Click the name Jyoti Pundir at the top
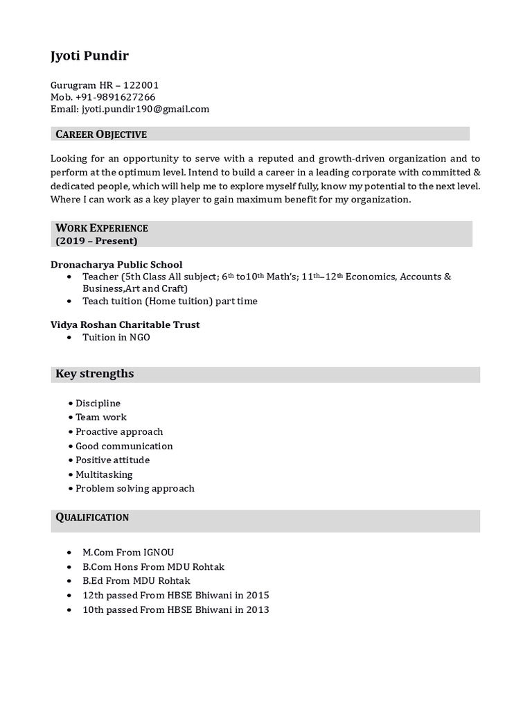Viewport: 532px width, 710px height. coord(89,57)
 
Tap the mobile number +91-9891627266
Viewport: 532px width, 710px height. coord(115,97)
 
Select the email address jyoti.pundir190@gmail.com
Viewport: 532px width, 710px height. coord(145,109)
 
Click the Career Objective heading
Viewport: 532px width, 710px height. coord(101,134)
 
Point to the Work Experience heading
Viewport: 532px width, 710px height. coord(102,228)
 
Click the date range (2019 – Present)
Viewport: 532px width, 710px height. coord(96,241)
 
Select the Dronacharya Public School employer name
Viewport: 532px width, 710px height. coord(116,264)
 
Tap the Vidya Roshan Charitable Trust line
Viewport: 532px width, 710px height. coord(125,324)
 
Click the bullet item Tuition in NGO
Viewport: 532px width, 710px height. coord(116,337)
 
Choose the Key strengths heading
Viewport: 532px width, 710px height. coord(95,374)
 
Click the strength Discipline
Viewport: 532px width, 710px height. coord(98,403)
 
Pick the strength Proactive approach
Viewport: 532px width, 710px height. coord(119,431)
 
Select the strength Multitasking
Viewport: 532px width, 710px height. coord(104,474)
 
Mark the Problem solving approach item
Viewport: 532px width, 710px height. coord(134,488)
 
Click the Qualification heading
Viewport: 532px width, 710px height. coord(92,517)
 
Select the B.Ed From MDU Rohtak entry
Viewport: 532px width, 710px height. coord(136,580)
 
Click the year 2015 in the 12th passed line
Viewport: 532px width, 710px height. coord(257,595)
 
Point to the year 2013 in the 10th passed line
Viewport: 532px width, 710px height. coord(257,609)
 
